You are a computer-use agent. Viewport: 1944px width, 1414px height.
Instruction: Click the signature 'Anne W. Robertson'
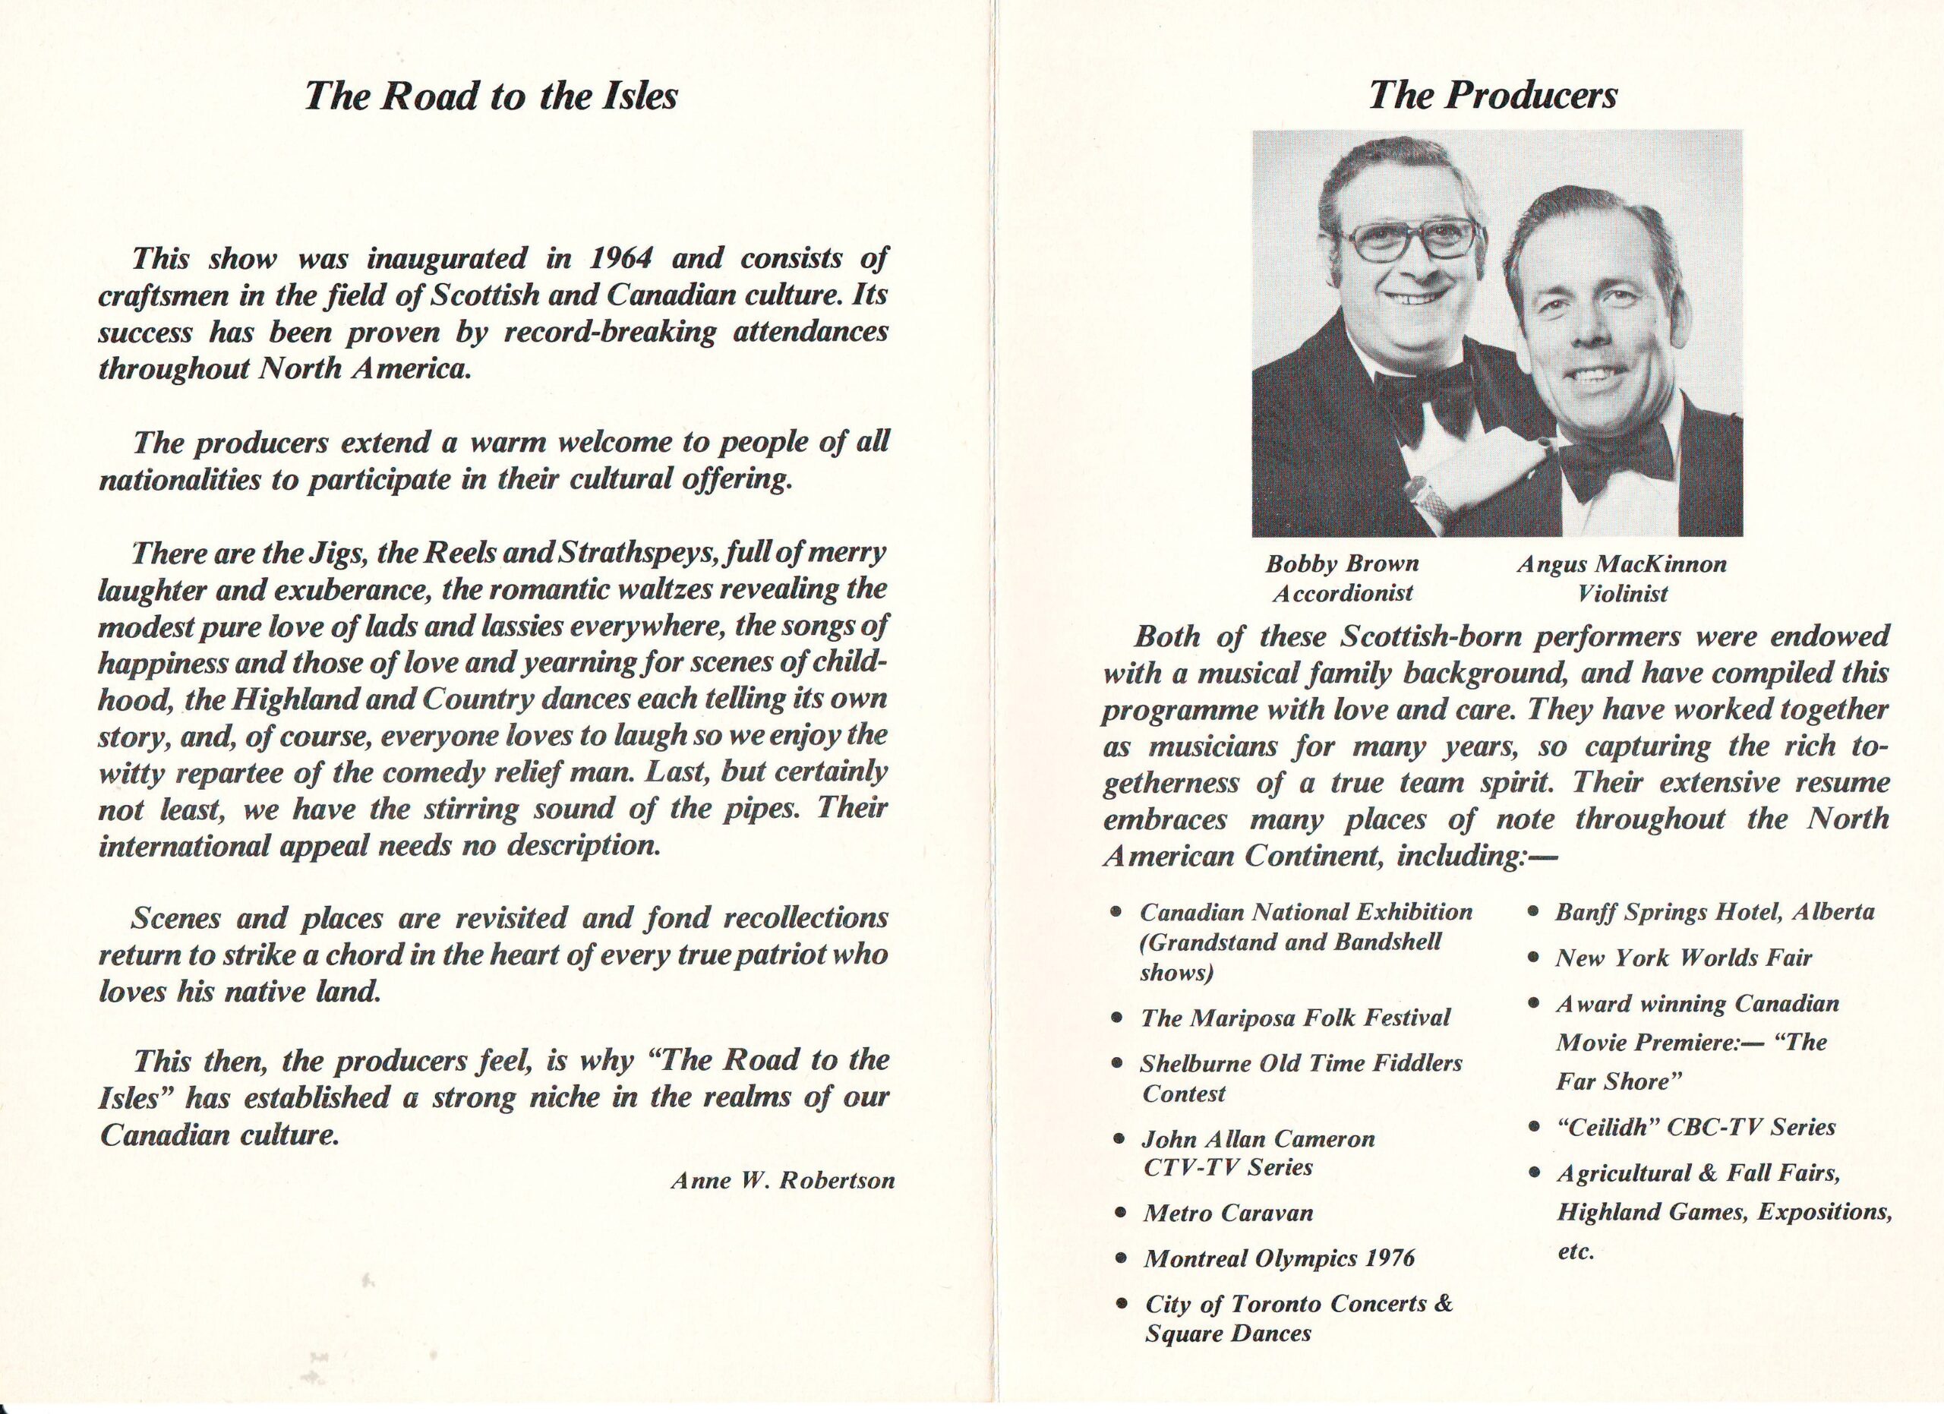click(x=783, y=1181)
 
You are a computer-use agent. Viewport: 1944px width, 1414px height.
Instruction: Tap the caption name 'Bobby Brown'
click(x=1343, y=564)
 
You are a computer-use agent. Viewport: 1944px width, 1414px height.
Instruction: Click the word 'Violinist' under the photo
click(x=1623, y=593)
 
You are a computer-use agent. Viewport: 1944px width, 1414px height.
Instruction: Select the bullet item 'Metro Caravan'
click(x=1228, y=1214)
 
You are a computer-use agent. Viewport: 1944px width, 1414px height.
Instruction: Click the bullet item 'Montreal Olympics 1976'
click(x=1279, y=1258)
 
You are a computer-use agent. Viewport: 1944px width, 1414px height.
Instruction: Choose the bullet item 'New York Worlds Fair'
click(x=1684, y=958)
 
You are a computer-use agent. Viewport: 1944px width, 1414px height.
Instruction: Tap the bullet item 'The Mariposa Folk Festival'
click(x=1295, y=1018)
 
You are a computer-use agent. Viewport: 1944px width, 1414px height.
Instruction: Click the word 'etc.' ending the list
click(x=1576, y=1252)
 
